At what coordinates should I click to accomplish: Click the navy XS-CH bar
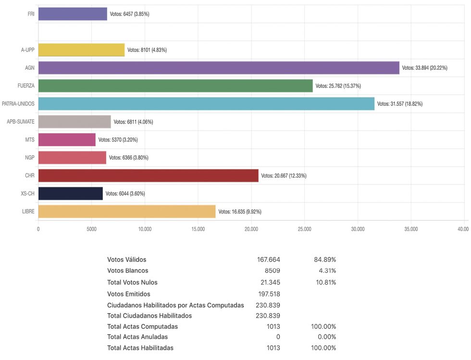pos(70,193)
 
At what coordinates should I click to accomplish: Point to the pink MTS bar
pos(67,139)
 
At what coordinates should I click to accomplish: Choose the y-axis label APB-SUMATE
pos(21,122)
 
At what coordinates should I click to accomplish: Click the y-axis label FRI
pos(31,14)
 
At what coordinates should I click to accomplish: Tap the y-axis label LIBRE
pos(28,211)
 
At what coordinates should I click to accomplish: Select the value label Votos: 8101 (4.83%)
pos(147,50)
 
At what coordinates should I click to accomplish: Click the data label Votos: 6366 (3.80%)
pos(129,158)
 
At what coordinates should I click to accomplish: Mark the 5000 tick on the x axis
pos(91,229)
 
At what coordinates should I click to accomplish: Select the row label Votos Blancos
pos(127,271)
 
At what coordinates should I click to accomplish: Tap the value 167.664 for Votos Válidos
pos(269,260)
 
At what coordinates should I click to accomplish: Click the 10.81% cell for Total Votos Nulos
pos(325,282)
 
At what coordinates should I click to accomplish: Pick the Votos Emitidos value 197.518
pos(269,294)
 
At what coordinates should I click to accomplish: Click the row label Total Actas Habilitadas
pos(140,348)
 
